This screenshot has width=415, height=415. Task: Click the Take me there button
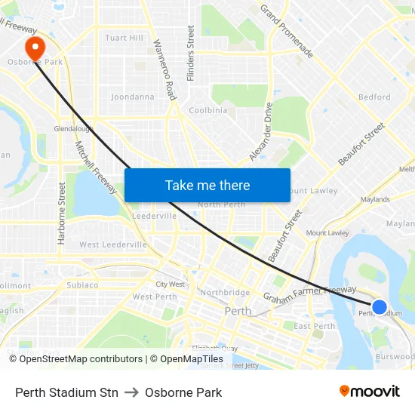click(207, 185)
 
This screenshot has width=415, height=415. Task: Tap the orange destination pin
click(33, 47)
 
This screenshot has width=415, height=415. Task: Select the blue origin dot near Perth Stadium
click(380, 307)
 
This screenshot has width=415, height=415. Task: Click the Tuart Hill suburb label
click(124, 38)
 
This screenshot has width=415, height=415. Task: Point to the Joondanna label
click(132, 97)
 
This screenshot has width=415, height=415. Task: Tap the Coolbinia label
click(207, 110)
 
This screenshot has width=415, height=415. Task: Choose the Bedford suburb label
click(374, 97)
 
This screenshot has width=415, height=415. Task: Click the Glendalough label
click(73, 129)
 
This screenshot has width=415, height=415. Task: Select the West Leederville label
click(113, 244)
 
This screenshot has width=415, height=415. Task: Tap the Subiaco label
click(82, 285)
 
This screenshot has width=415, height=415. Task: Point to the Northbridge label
click(225, 293)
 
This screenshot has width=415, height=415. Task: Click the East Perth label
click(314, 326)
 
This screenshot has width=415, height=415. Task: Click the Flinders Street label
click(191, 53)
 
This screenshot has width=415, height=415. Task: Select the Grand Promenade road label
click(287, 31)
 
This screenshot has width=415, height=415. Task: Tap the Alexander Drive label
click(260, 132)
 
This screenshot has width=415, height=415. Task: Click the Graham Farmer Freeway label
click(309, 293)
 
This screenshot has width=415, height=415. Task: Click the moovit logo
click(370, 391)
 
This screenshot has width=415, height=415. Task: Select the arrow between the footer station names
click(131, 392)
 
